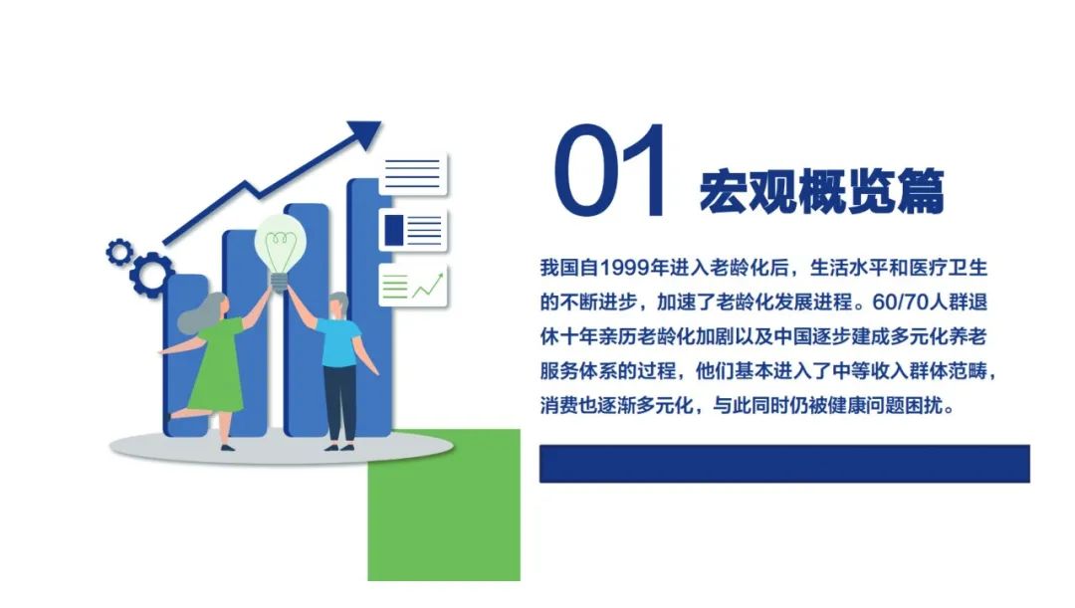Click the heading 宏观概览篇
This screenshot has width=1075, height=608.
[x=822, y=190]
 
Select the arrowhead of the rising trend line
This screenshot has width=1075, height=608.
[x=364, y=134]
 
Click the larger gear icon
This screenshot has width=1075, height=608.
[x=151, y=275]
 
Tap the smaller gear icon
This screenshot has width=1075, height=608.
[x=119, y=252]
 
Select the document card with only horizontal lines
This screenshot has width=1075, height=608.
[x=413, y=175]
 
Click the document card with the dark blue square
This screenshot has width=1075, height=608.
[x=413, y=230]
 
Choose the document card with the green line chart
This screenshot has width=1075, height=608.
[x=413, y=285]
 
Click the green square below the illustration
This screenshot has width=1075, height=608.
[x=444, y=506]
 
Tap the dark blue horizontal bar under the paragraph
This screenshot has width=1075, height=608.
[x=784, y=464]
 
